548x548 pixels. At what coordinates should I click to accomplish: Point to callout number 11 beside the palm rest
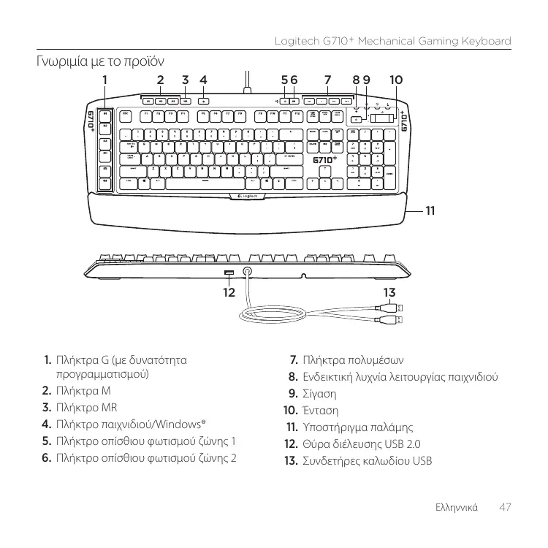(x=430, y=210)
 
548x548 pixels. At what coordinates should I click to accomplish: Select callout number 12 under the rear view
(x=229, y=293)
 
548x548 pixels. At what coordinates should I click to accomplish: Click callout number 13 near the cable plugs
(x=389, y=293)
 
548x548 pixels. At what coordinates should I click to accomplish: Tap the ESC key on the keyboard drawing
(x=126, y=115)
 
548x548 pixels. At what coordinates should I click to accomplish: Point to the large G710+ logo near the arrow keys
(x=325, y=160)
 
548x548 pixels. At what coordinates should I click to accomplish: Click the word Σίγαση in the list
(x=320, y=394)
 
